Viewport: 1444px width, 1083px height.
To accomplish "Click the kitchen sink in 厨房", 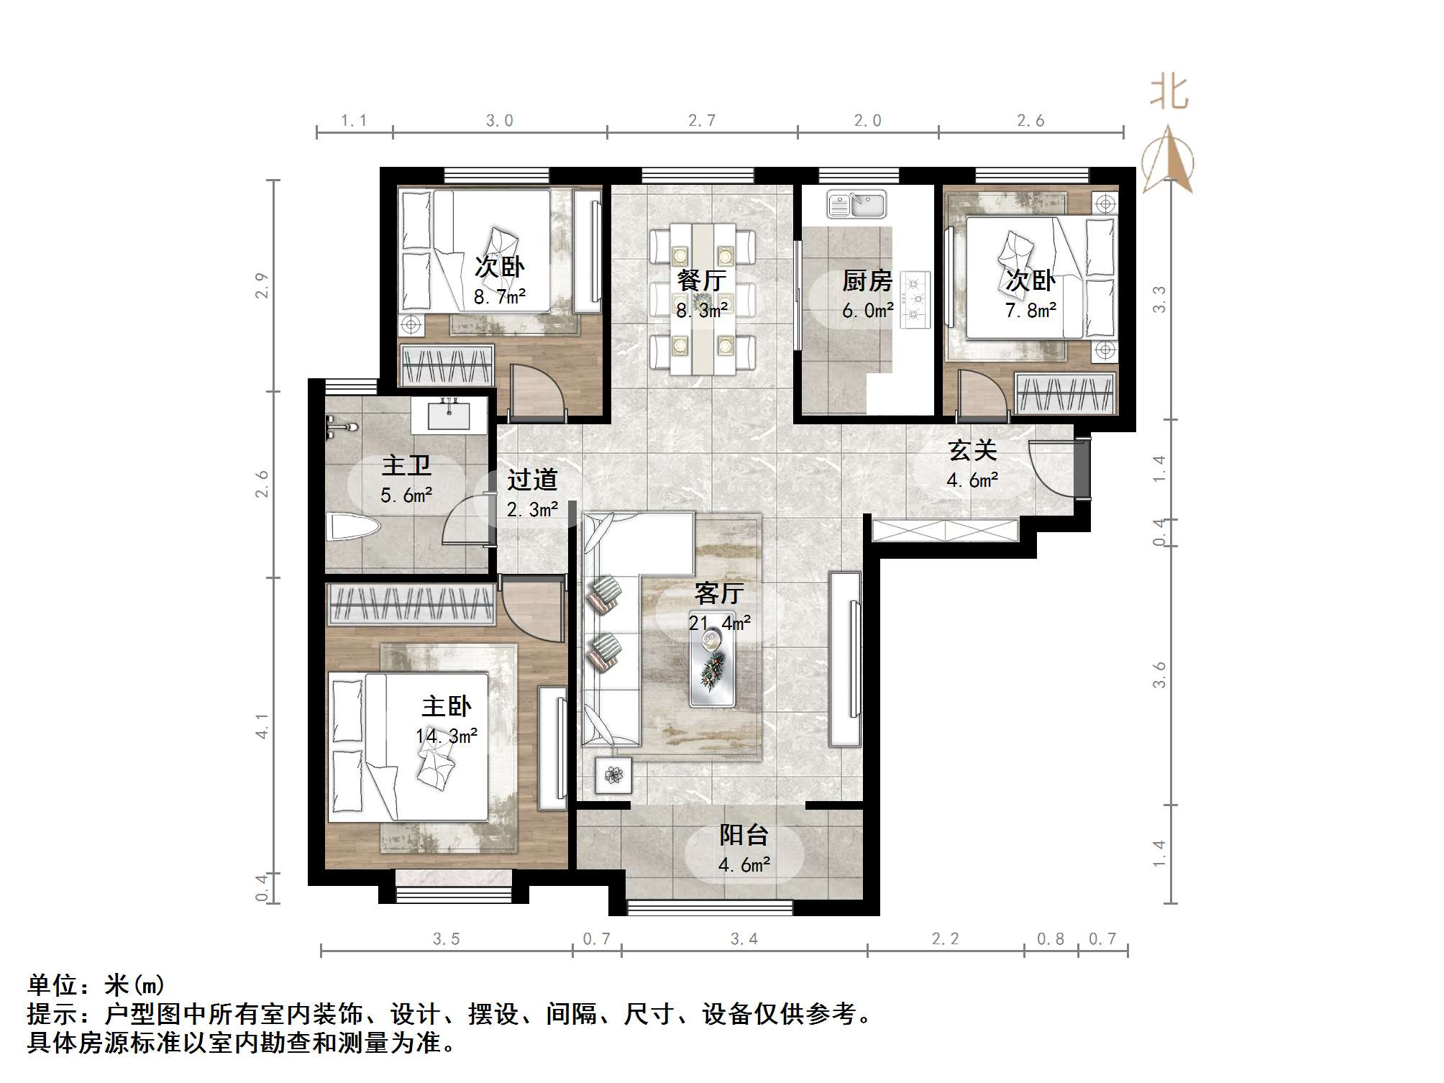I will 856,204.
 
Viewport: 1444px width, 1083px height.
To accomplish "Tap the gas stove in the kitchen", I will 915,299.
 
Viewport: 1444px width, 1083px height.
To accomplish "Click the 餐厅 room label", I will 701,280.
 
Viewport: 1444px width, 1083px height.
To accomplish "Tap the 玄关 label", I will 972,451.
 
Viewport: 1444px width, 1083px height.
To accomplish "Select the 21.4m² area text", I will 719,623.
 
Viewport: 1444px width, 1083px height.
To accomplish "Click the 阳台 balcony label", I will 744,835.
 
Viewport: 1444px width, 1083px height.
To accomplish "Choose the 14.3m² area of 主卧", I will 446,736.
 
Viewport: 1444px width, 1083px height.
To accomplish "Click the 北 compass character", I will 1169,94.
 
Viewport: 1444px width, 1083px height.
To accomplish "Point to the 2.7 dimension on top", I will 701,121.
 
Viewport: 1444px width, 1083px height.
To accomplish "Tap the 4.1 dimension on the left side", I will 262,726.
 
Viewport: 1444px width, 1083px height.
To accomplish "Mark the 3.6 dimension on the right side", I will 1159,675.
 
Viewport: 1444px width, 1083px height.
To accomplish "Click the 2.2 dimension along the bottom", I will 944,938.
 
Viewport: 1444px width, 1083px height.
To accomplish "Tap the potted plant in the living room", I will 613,774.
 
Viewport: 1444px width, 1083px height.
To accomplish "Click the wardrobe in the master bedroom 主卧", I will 411,604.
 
